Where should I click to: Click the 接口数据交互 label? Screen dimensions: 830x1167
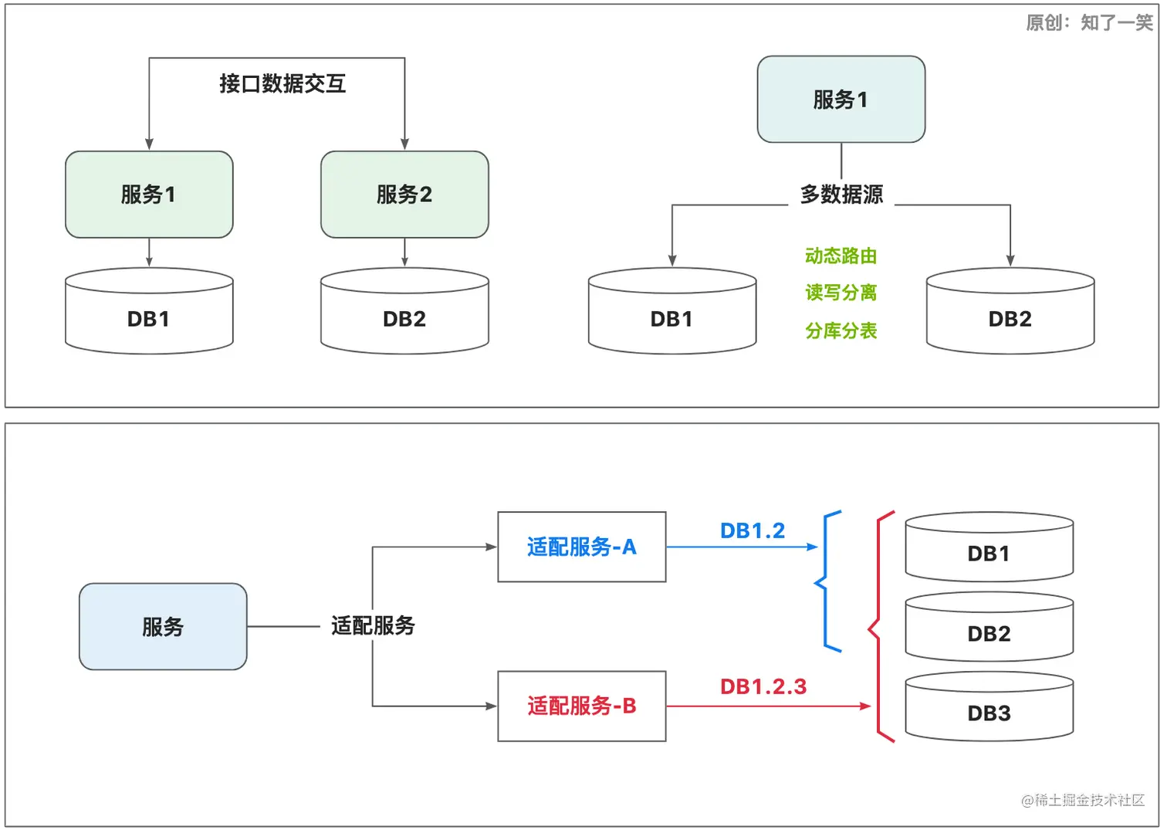(282, 83)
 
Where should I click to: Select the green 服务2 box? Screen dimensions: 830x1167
(404, 195)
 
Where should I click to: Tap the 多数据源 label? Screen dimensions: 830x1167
(841, 195)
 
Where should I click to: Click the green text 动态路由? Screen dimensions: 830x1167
(841, 256)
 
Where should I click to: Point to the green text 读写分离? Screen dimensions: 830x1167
(841, 293)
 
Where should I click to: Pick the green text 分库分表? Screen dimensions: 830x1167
(841, 330)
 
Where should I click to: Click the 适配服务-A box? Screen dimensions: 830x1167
(581, 547)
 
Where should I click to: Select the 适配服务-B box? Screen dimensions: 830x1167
(581, 706)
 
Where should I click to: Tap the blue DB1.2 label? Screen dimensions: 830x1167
(752, 531)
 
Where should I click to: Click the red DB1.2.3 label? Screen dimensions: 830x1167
(763, 686)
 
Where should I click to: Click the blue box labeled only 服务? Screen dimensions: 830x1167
(163, 626)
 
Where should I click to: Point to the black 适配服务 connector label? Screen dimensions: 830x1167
(373, 625)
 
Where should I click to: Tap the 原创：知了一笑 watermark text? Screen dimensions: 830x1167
(1089, 22)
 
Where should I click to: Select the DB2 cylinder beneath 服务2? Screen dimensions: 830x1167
(404, 312)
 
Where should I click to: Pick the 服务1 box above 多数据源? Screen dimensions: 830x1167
(841, 100)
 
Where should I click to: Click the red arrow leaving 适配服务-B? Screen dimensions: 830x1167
(768, 706)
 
